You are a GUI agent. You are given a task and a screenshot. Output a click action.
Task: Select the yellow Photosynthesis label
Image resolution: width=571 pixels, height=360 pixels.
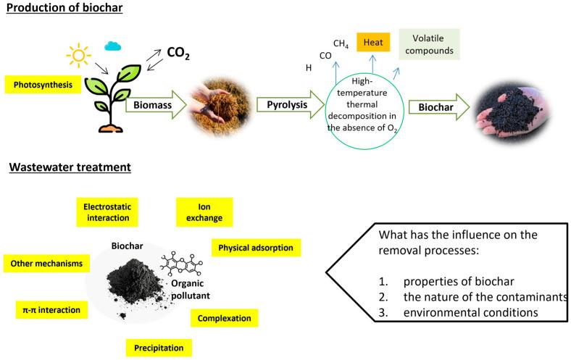41,85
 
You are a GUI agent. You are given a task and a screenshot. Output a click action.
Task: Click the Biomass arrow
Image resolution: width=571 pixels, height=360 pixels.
155,104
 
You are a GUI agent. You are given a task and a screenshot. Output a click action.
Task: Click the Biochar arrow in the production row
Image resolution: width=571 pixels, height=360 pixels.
433,106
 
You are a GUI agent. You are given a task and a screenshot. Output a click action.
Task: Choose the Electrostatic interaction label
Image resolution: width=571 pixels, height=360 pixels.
106,212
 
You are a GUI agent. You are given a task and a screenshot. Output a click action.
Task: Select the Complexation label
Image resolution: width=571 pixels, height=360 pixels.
224,317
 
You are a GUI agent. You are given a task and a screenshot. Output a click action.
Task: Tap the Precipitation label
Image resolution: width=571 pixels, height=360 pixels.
158,347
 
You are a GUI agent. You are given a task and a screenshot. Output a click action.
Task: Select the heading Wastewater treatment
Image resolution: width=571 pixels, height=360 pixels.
70,168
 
